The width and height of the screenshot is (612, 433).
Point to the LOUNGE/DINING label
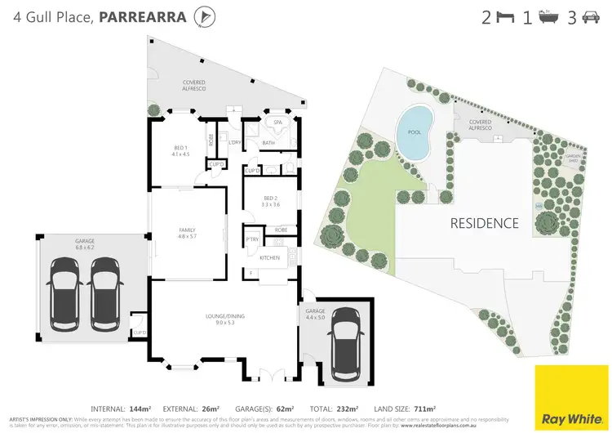coord(220,316)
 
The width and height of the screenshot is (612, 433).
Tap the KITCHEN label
coord(269,257)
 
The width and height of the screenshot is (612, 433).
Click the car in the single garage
coord(344,343)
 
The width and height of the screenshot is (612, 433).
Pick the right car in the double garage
coord(105,292)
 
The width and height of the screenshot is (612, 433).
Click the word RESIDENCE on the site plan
coord(486,222)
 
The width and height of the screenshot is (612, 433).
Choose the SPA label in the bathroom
coord(277,122)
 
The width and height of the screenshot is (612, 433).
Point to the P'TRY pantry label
coord(251,239)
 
